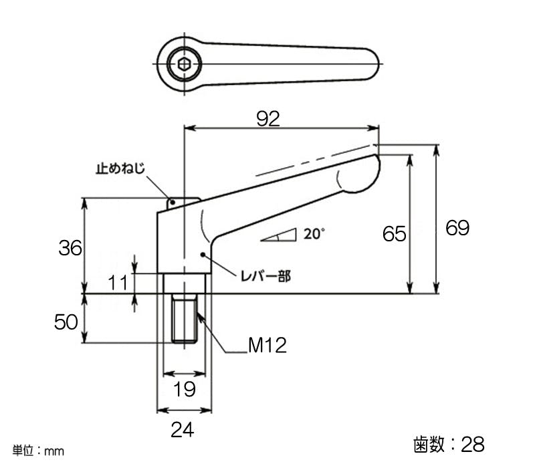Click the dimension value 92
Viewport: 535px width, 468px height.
point(268,119)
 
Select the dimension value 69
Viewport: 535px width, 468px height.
point(457,228)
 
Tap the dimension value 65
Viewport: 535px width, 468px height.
point(395,234)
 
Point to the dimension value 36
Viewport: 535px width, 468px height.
point(70,248)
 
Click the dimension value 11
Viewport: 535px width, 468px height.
point(118,283)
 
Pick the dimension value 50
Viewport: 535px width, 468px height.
point(66,322)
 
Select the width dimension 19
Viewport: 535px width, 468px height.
point(185,389)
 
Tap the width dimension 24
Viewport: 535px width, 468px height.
point(183,430)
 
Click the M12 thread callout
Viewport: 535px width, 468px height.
point(267,345)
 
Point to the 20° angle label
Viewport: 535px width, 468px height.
point(314,234)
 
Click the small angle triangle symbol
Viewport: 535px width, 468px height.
point(278,235)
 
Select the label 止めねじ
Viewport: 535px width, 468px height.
point(120,168)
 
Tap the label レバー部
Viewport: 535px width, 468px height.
point(265,276)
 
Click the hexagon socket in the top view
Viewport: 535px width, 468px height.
point(185,64)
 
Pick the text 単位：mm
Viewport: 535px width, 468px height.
point(38,451)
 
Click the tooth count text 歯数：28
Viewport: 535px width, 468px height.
point(449,444)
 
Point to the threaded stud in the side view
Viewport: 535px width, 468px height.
point(185,318)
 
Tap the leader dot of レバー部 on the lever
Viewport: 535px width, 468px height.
point(203,255)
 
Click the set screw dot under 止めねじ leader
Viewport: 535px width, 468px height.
point(173,203)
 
